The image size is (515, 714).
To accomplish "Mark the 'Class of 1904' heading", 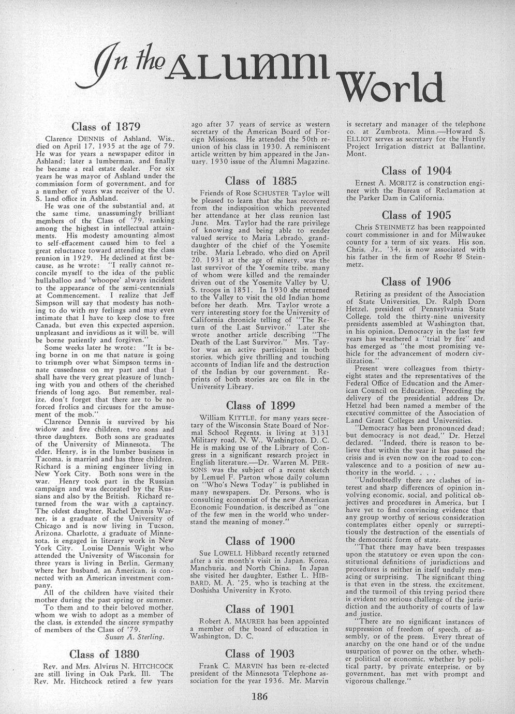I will click(x=416, y=171).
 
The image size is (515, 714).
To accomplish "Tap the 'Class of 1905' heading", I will click(x=416, y=215).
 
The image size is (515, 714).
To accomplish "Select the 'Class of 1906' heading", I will click(x=416, y=282).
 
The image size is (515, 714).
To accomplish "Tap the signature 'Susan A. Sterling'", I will click(x=135, y=637).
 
